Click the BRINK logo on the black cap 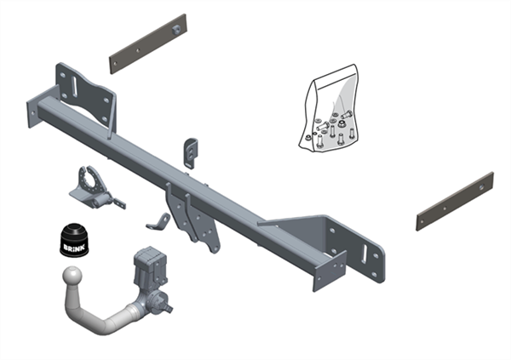point(74,248)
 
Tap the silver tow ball point(72,277)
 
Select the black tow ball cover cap point(74,240)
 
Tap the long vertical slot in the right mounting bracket point(365,254)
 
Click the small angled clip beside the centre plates point(158,222)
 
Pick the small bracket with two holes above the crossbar point(191,153)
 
